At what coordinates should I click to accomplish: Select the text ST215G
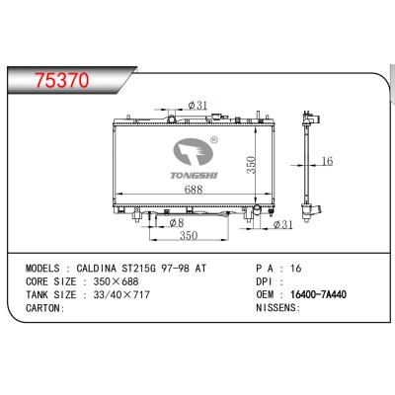(170, 268)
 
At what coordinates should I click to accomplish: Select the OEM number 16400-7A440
(322, 294)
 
